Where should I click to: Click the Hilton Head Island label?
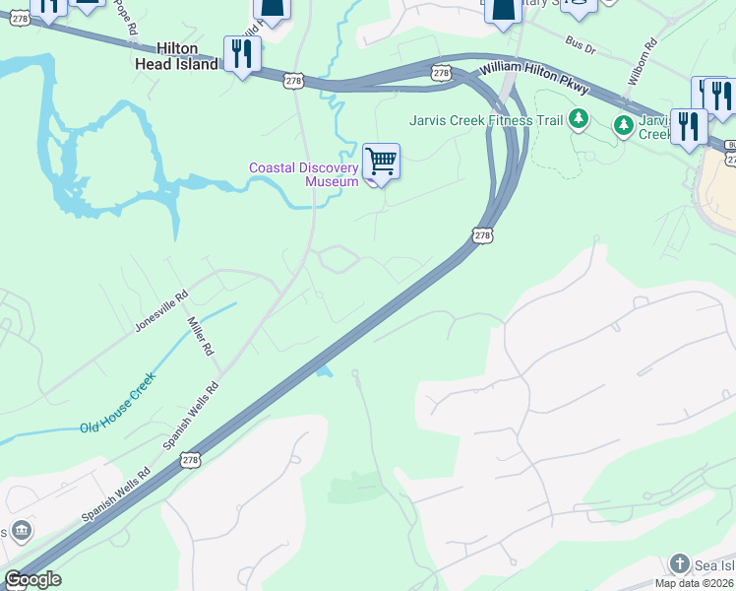[x=175, y=56]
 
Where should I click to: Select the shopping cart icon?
[x=380, y=161]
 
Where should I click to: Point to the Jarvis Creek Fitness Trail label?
[x=486, y=121]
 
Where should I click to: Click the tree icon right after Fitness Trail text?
[x=580, y=120]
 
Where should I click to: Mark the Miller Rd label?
[x=202, y=336]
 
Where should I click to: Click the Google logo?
[x=32, y=578]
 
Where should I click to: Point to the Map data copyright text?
[x=695, y=583]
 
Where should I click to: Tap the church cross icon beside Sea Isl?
[x=679, y=563]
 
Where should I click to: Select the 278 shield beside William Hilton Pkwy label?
[x=440, y=73]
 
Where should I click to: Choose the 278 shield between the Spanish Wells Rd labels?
[x=191, y=459]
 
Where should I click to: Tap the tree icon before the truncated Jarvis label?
[x=623, y=125]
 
